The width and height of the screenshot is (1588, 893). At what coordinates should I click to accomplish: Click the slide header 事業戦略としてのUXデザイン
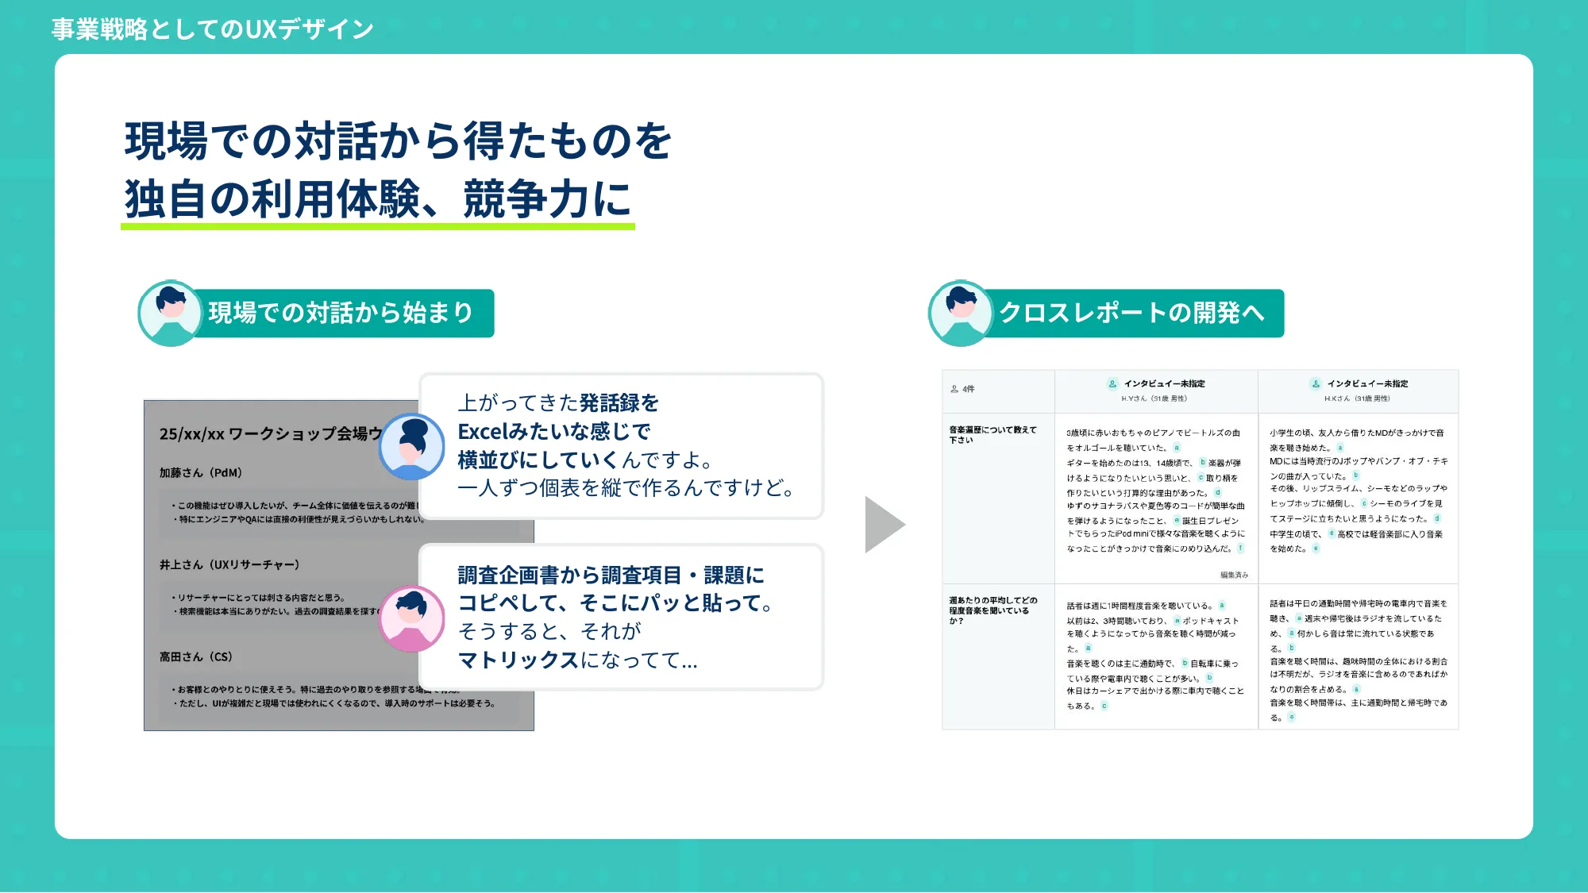coord(212,29)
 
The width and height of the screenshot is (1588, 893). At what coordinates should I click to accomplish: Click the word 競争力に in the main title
coord(547,198)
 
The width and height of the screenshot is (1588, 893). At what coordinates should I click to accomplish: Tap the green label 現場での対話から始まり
coord(341,313)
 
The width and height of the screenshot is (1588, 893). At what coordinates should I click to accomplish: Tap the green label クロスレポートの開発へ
coord(1131,313)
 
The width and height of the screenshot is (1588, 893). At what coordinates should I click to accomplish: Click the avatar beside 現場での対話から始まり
coord(170,313)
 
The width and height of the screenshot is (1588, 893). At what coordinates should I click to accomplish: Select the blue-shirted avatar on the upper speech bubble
coord(411,447)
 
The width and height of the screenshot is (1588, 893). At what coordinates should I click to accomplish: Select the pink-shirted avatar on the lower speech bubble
coord(411,618)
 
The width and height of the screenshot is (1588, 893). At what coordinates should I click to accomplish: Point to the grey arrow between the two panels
coord(884,525)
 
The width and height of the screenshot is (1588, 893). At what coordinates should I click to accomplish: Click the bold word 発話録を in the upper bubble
coord(619,403)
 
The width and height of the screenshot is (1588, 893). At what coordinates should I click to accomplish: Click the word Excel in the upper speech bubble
coord(483,432)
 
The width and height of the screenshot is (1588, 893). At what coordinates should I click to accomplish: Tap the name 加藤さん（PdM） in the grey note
coord(200,472)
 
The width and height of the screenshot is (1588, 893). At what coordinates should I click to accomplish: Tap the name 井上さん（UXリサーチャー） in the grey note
coord(229,564)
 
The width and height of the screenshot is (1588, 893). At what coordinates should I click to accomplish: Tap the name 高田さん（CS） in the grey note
coord(195,656)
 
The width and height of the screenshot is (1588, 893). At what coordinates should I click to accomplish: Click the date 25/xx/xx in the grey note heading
coord(191,434)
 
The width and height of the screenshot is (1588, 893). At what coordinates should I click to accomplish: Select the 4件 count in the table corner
coord(963,389)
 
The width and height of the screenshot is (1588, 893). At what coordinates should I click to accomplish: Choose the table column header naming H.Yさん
coord(1156,391)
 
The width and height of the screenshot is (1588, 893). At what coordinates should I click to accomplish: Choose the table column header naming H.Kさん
coord(1359,391)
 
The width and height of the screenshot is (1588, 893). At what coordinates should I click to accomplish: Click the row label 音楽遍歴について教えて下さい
coord(992,434)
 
